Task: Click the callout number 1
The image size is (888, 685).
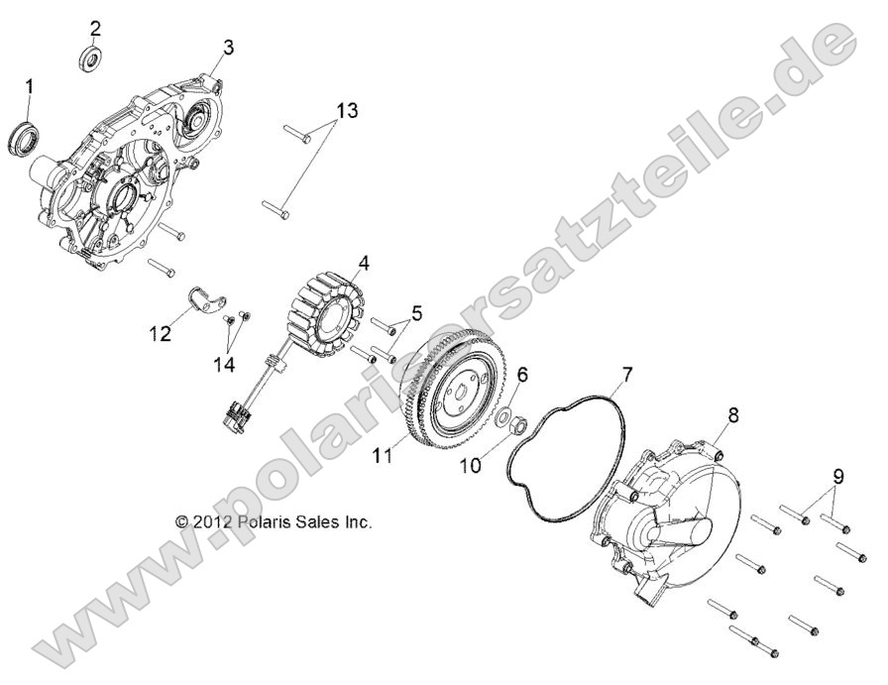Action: tap(29, 87)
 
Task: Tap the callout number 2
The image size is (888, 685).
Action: tap(95, 27)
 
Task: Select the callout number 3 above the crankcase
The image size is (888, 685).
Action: tap(228, 47)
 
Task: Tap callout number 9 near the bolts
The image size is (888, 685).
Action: tap(838, 476)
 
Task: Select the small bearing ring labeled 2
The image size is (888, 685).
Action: tap(91, 57)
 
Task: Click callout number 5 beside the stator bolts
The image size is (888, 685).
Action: tap(417, 313)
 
